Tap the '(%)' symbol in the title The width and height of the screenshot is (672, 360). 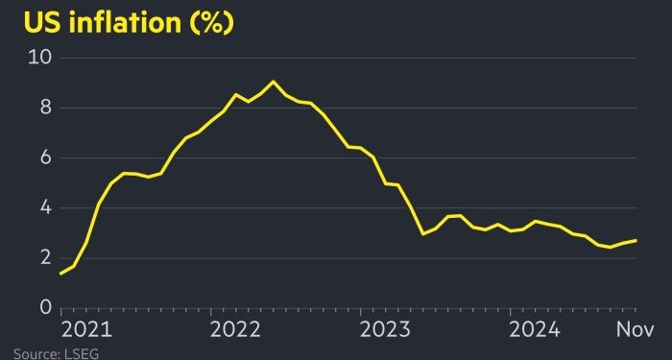[210, 22]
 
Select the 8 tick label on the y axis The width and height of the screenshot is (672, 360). [44, 108]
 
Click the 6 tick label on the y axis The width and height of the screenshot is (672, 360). [44, 157]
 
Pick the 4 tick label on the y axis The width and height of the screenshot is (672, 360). [44, 207]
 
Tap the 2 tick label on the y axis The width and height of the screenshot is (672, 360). [44, 257]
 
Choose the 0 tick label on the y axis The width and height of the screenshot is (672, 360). [44, 307]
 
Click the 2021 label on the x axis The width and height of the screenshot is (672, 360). [85, 330]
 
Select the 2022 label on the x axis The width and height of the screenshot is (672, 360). [235, 330]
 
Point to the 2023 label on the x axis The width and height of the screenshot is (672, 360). [386, 330]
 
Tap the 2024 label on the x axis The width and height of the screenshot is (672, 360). [536, 330]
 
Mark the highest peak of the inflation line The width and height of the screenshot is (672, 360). [273, 82]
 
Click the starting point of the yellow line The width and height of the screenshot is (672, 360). [60, 274]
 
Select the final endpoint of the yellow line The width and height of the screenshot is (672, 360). [636, 240]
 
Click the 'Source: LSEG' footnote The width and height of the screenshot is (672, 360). [48, 353]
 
